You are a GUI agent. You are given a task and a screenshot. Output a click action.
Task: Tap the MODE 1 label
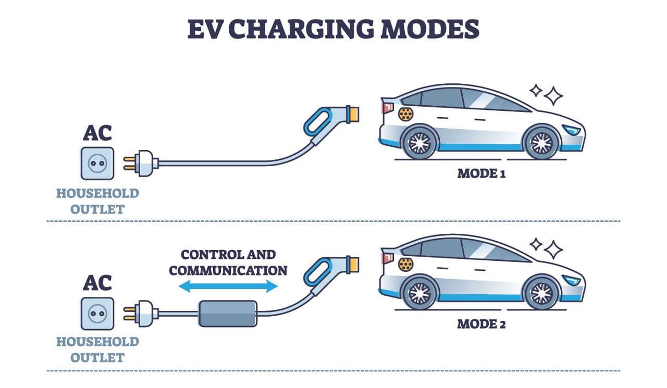pos(481,173)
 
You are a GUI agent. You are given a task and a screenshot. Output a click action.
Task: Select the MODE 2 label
pos(481,324)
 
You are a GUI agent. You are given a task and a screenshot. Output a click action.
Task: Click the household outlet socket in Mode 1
pos(97,163)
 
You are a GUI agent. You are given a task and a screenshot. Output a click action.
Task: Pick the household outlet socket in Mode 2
pos(97,314)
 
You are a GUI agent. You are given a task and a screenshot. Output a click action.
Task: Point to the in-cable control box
pos(228,314)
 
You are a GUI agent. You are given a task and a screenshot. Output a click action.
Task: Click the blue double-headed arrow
pos(228,285)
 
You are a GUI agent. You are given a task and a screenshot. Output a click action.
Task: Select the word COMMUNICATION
pos(228,270)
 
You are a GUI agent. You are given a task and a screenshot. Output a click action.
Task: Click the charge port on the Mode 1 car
pos(405,114)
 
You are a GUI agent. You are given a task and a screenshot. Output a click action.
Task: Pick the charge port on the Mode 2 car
pos(405,264)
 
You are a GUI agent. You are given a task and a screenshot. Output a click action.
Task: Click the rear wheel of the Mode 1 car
pos(420,141)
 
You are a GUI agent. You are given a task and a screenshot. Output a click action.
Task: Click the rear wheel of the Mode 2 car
pos(420,292)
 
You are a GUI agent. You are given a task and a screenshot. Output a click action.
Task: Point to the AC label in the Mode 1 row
pos(97,133)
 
